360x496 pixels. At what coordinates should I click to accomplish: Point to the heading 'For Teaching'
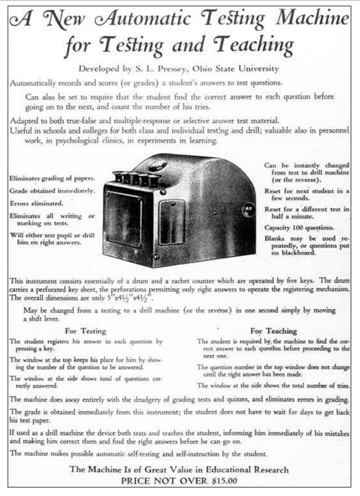(273, 331)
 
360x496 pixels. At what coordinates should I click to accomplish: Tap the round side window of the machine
(247, 212)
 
